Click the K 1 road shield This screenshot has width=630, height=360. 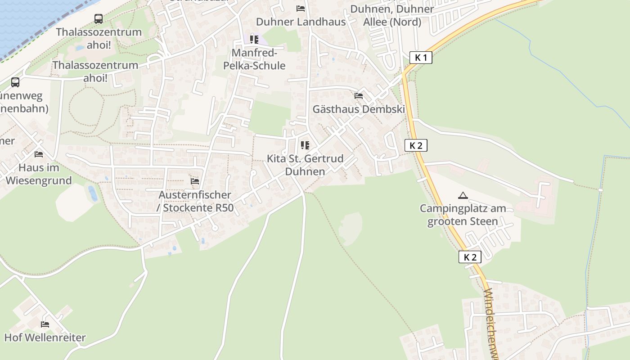coord(421,58)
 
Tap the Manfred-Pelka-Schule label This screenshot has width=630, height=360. coord(254,59)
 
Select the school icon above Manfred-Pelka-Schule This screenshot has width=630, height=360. coord(254,40)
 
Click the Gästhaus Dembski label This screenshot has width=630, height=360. coord(359,109)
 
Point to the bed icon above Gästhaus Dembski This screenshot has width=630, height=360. coord(359,96)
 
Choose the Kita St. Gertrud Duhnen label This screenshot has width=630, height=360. coord(305,165)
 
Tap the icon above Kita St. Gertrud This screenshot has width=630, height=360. coord(305,145)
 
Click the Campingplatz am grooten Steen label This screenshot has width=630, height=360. coord(463,215)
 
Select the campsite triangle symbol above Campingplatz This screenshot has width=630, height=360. coord(463,195)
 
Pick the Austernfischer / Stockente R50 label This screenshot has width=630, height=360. coord(195,201)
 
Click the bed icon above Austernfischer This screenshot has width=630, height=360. coord(195,181)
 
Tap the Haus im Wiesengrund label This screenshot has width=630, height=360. coord(39,174)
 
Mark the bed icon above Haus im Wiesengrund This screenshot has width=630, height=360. coord(39,154)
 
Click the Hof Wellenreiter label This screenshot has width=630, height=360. coord(45,337)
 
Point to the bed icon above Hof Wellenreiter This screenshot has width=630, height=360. coord(45,324)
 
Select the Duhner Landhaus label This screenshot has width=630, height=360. coord(301,22)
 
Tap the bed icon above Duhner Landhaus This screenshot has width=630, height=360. coord(301,9)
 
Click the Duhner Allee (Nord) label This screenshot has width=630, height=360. coord(392,15)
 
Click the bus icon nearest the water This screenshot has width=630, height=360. coord(99,19)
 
